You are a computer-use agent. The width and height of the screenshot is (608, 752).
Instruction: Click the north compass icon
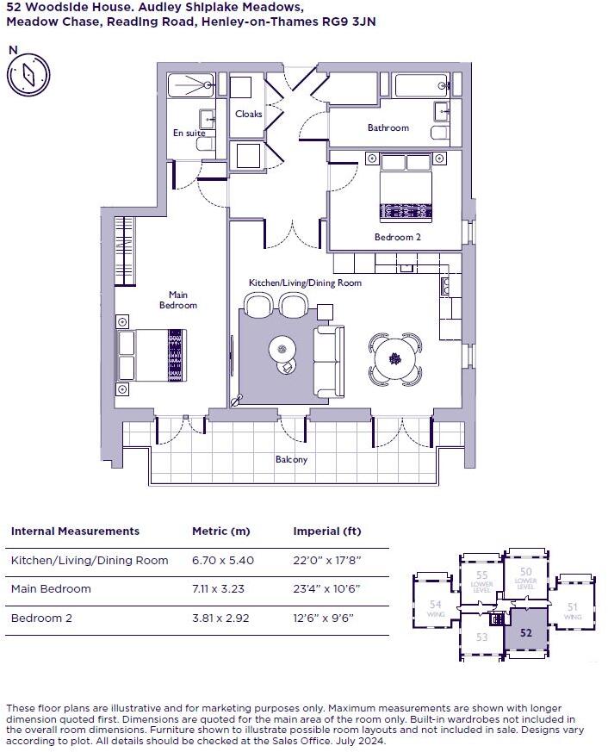28,75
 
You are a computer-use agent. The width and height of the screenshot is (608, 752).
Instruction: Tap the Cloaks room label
249,114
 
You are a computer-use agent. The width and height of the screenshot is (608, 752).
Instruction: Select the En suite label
189,134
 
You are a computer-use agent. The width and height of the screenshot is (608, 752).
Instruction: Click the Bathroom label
388,127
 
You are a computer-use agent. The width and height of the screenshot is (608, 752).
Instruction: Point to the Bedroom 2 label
397,237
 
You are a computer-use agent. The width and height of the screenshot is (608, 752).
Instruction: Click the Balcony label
291,459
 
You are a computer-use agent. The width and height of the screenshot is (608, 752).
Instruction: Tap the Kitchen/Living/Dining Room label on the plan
305,283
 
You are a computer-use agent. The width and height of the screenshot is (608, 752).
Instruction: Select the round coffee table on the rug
282,349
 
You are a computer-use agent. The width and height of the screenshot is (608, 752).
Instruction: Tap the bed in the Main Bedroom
151,355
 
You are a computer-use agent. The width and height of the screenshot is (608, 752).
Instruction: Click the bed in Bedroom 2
405,187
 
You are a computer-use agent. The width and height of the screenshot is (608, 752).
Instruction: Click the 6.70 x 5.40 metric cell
225,560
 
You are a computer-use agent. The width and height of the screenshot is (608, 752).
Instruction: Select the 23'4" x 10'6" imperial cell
327,589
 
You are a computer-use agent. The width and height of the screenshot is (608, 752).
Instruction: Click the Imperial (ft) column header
326,531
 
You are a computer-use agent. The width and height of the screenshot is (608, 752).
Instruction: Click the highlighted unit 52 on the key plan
526,632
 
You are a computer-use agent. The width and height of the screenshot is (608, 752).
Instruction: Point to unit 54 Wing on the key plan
436,610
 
